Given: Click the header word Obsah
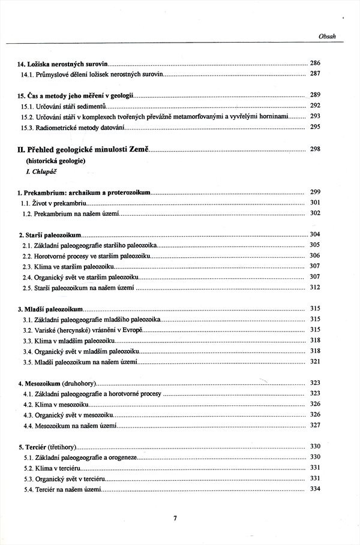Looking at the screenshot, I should (327, 36).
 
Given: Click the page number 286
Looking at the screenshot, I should (315, 62).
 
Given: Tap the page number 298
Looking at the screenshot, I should (316, 148).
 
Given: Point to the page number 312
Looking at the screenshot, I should (315, 287).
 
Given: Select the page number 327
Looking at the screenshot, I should (315, 425).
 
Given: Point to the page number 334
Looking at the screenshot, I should (315, 489).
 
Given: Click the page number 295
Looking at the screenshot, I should (315, 127).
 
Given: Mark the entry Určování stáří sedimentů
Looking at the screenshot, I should (71, 106).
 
